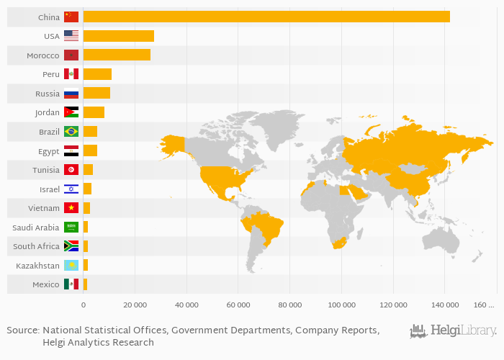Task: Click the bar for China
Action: coord(266,17)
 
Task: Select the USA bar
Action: coord(119,36)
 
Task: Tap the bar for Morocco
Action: coord(117,55)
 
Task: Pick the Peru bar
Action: coord(97,74)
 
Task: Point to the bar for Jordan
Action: coord(94,112)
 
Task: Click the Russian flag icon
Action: coord(71,93)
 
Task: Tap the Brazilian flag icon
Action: coord(71,132)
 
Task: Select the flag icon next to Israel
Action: coord(71,189)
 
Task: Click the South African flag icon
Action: coord(71,246)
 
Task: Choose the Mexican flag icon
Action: coord(71,284)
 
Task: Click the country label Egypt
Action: coord(49,151)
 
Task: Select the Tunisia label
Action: coord(45,170)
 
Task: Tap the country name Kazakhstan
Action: coord(37,266)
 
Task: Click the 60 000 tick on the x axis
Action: coord(238,306)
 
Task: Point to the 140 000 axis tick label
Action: coord(444,306)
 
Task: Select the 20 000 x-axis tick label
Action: coord(135,306)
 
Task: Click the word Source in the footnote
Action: coord(22,330)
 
